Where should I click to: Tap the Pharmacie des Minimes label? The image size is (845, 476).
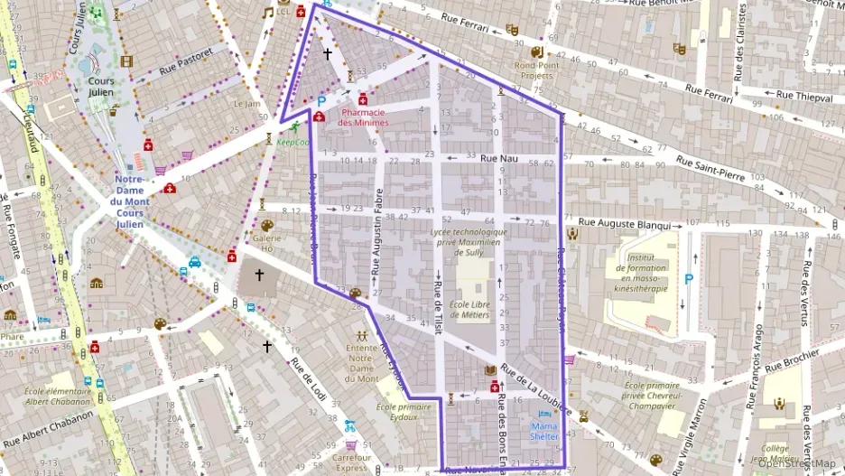pos(364,117)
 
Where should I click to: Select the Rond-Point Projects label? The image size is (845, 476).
pos(537,70)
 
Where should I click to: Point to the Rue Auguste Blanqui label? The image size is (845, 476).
pos(624,223)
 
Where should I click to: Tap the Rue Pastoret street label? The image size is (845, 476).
pos(185,61)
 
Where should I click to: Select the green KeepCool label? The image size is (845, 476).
pos(292,142)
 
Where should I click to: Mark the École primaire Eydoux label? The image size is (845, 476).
pos(403,411)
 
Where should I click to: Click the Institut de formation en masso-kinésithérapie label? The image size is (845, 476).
pos(641,273)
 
